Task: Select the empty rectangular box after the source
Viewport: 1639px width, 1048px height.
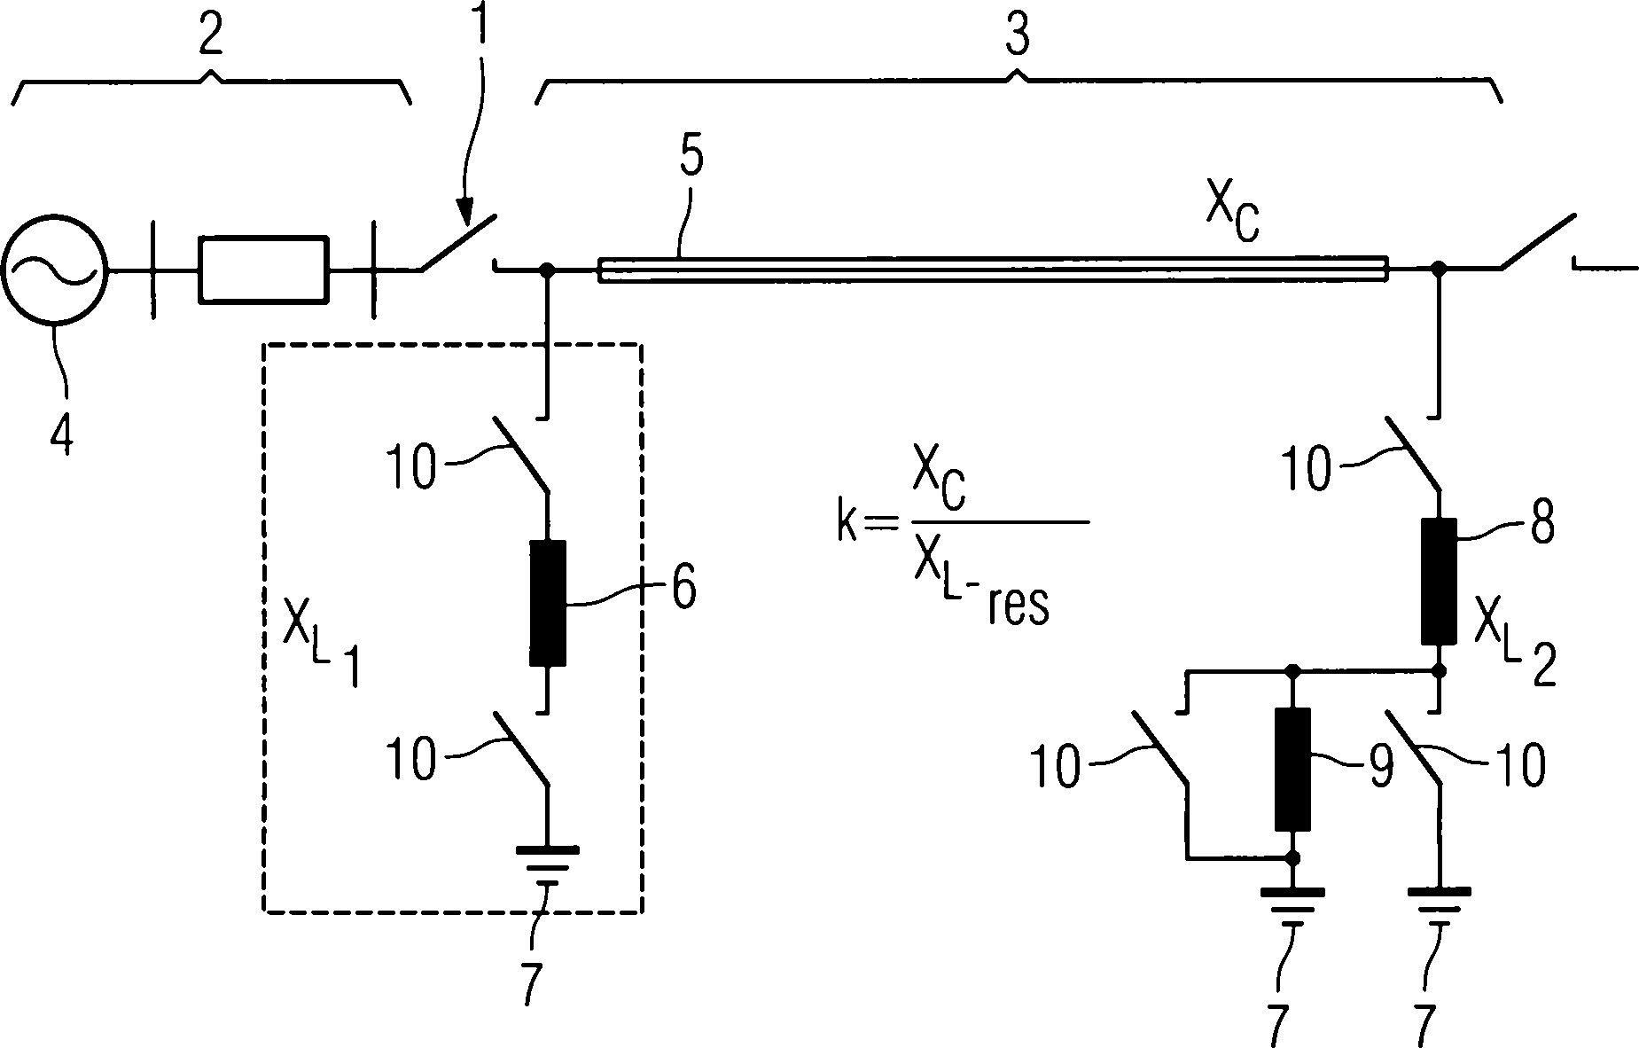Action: (x=262, y=270)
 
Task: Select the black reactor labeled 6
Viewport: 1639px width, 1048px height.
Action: (x=547, y=603)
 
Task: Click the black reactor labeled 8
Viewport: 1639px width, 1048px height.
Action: (x=1439, y=581)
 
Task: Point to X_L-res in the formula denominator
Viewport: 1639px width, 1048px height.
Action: (x=975, y=594)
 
